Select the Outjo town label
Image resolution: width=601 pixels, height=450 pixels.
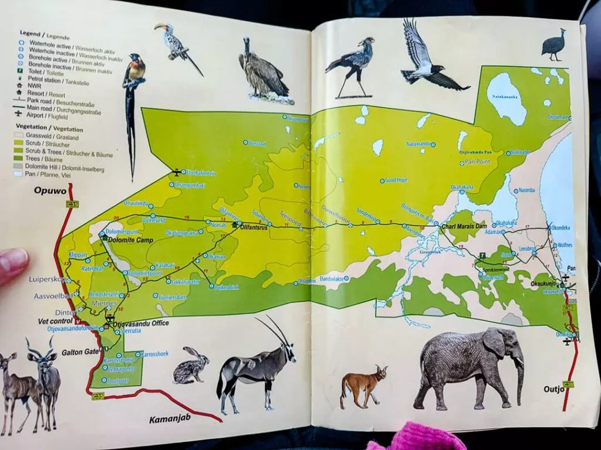[553, 388]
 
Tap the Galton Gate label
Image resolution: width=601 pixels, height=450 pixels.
[80, 352]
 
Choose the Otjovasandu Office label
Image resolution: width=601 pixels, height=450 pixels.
[143, 323]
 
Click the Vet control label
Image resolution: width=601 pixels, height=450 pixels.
[55, 321]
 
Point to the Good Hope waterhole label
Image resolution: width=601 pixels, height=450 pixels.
[396, 180]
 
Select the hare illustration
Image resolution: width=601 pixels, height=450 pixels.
[191, 366]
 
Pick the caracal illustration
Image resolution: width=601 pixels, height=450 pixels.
[363, 385]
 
